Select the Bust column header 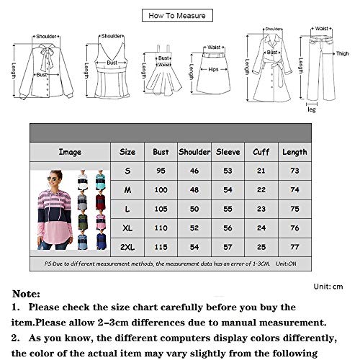click(161, 152)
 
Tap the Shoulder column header click(194, 152)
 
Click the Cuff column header click(261, 152)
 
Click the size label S click(127, 171)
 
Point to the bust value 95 click(161, 171)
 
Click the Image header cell click(71, 152)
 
